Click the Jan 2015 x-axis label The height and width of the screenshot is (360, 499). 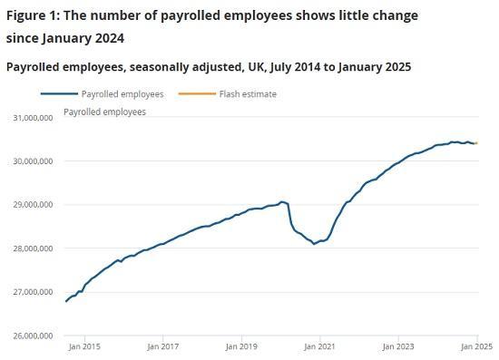(x=84, y=345)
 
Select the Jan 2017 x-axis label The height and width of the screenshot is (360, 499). (x=162, y=345)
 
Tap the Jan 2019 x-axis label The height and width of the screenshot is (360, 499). (x=241, y=345)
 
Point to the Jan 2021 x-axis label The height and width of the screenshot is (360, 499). (x=319, y=345)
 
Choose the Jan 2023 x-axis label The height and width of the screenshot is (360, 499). (x=398, y=345)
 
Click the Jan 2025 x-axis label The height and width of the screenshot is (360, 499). (x=476, y=345)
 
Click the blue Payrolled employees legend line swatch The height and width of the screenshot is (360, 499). (x=58, y=94)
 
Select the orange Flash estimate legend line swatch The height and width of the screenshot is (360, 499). (x=196, y=94)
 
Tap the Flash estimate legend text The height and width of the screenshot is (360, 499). (x=248, y=94)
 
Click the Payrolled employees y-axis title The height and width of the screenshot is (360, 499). (x=104, y=112)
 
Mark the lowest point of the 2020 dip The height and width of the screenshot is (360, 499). (x=314, y=244)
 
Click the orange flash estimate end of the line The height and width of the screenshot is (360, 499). (x=476, y=143)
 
